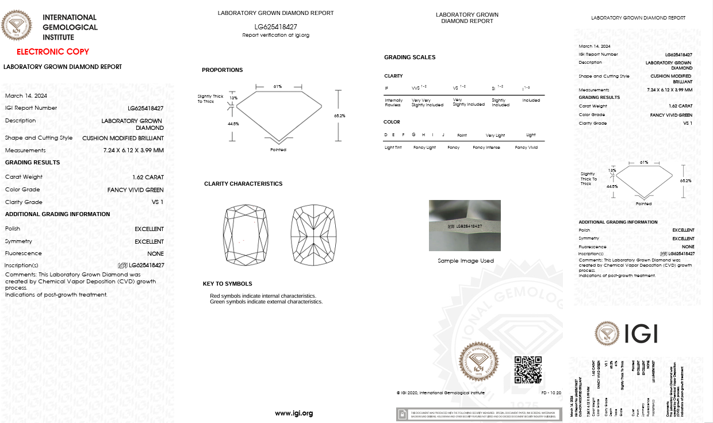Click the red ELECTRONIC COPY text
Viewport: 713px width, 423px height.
53,52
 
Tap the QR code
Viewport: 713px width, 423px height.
528,370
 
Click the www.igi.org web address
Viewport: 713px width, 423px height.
294,413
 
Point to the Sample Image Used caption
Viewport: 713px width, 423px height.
466,260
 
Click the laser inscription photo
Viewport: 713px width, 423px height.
465,225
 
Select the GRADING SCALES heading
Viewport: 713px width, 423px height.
410,57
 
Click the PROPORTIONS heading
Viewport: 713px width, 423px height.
222,70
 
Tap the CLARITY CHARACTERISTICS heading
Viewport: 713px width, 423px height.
243,184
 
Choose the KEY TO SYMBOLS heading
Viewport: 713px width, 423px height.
228,284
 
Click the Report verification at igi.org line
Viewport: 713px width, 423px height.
276,36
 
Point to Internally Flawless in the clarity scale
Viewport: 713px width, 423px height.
394,102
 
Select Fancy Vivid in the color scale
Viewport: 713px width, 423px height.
526,148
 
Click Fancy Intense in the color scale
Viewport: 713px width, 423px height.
486,148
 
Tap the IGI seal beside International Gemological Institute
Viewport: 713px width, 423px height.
17,26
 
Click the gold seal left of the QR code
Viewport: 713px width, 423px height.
478,362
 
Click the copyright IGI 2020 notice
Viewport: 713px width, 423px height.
440,393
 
